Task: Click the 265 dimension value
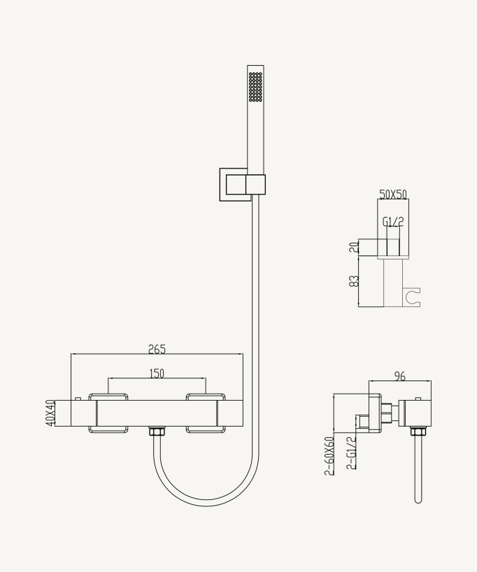pyautogui.click(x=157, y=349)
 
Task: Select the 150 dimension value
pyautogui.click(x=157, y=373)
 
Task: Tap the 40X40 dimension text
pyautogui.click(x=50, y=413)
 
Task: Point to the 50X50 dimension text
pyautogui.click(x=393, y=194)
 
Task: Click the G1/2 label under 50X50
pyautogui.click(x=393, y=222)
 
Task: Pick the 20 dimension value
pyautogui.click(x=355, y=246)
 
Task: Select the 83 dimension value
pyautogui.click(x=355, y=281)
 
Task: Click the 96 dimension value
pyautogui.click(x=400, y=376)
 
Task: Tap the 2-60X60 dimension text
pyautogui.click(x=328, y=455)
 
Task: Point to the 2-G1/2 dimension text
pyautogui.click(x=351, y=455)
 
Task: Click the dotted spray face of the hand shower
pyautogui.click(x=255, y=87)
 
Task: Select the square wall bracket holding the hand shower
pyautogui.click(x=234, y=185)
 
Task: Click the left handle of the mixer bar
pyautogui.click(x=109, y=413)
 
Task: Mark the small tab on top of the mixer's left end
pyautogui.click(x=78, y=398)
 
